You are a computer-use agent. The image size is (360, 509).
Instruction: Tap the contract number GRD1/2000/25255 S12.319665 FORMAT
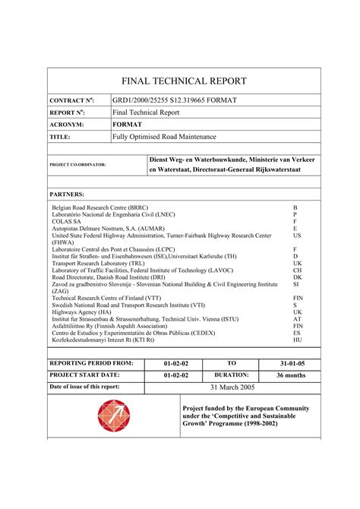point(175,100)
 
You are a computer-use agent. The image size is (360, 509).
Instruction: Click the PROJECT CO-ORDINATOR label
point(77,164)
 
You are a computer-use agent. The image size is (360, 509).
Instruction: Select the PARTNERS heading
point(67,194)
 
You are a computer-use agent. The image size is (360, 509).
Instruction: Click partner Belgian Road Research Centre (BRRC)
point(100,207)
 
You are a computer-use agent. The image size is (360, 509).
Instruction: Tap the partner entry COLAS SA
point(67,222)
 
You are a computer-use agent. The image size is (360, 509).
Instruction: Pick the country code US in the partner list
point(297,236)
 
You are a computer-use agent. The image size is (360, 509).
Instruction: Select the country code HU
point(297,340)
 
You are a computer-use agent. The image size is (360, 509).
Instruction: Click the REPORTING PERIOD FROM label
point(91,363)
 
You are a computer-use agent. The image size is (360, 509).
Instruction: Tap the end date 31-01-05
point(291,363)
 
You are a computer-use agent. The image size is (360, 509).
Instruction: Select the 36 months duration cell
point(291,375)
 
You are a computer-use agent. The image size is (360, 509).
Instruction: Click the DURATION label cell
point(232,375)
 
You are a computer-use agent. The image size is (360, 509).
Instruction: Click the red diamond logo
point(114,416)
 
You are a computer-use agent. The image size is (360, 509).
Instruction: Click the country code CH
point(297,270)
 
